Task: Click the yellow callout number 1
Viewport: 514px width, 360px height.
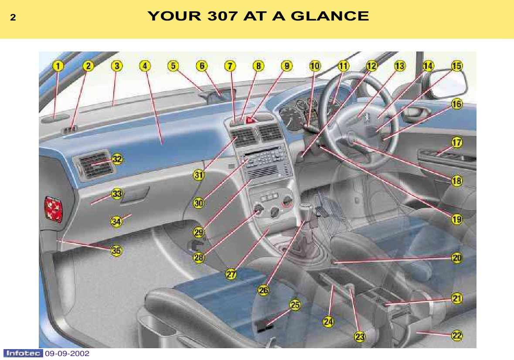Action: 58,66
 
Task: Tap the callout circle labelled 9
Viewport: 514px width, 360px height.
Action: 286,66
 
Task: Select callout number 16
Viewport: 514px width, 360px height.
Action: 456,104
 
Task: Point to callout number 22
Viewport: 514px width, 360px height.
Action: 456,336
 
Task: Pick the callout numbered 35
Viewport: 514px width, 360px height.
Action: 116,251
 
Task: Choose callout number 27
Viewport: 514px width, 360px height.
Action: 231,274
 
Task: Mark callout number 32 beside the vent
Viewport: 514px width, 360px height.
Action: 117,159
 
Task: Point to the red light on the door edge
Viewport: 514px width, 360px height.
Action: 54,209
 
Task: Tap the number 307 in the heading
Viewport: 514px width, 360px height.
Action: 222,16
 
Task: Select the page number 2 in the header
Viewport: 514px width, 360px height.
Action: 13,17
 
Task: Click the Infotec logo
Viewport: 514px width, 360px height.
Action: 23,353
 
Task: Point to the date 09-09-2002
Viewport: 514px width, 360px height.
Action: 67,353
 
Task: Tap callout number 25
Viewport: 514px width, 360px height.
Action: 295,305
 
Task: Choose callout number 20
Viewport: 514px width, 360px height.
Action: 456,258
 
